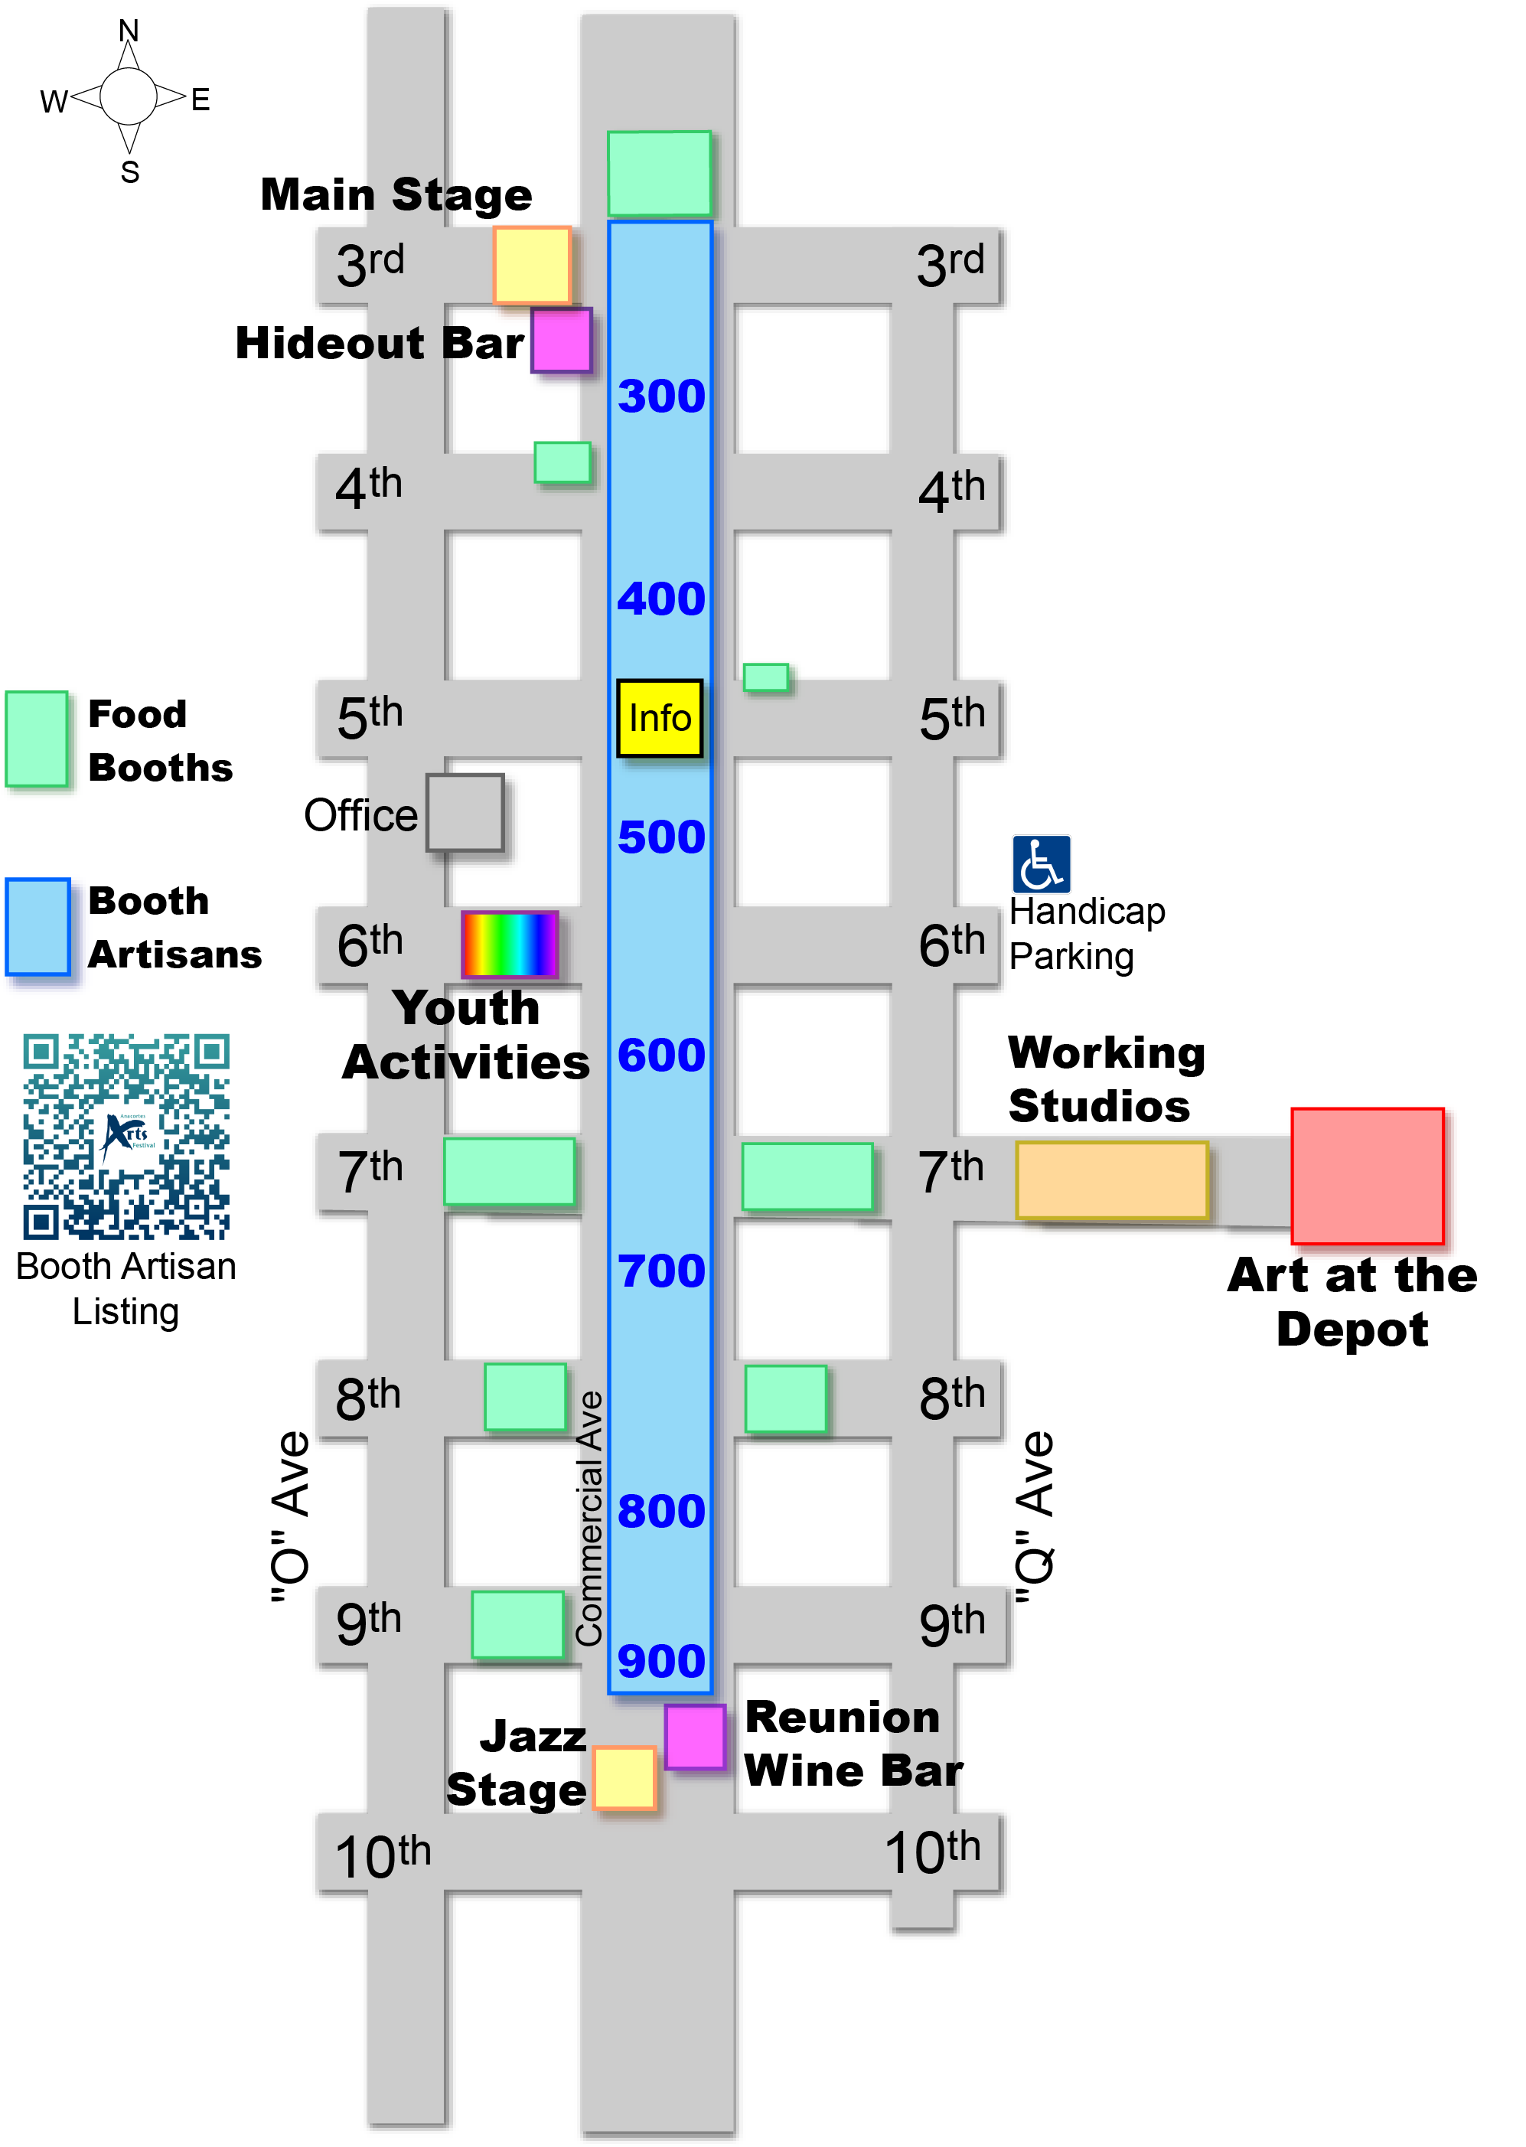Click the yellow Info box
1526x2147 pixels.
659,718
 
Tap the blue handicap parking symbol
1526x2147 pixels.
1040,863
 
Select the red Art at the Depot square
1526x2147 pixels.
1366,1176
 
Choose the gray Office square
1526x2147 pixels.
465,812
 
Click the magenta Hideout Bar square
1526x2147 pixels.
561,340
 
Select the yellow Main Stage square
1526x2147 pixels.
532,264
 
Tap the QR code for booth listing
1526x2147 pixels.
126,1136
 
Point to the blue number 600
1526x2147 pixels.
660,1056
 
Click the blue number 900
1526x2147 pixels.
660,1661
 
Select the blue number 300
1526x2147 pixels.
660,396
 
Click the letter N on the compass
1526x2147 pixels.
129,31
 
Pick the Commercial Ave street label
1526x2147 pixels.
589,1519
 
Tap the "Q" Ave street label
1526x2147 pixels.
1036,1519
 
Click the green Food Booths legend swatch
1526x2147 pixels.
37,739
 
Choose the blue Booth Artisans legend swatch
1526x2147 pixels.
37,926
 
